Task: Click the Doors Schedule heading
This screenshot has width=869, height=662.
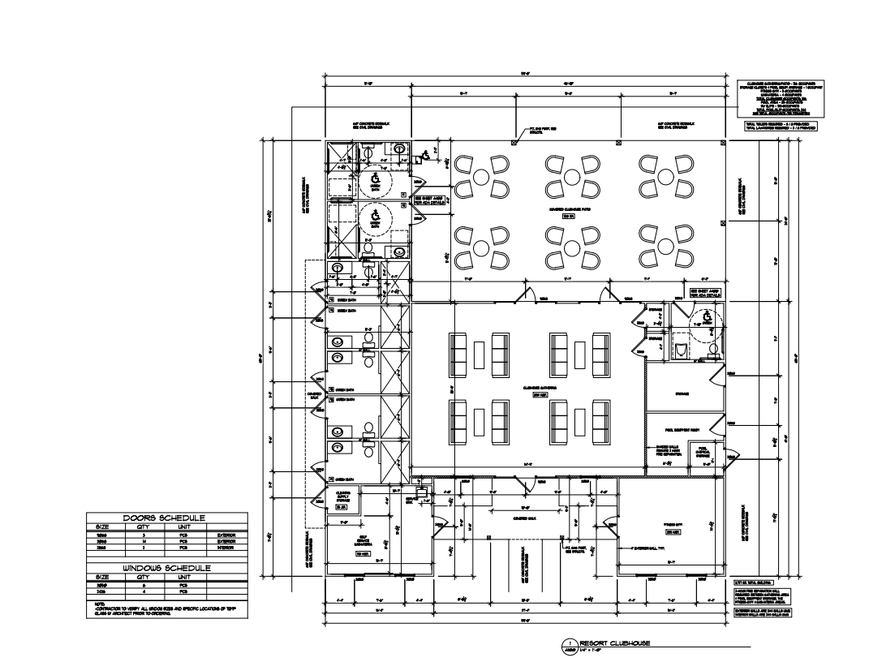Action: tap(164, 518)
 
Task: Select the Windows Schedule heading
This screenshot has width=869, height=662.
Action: tap(166, 568)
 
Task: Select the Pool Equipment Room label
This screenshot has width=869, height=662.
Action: tap(682, 419)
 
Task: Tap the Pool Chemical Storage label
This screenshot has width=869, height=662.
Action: tap(699, 451)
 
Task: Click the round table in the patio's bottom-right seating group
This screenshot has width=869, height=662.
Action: tap(666, 246)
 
